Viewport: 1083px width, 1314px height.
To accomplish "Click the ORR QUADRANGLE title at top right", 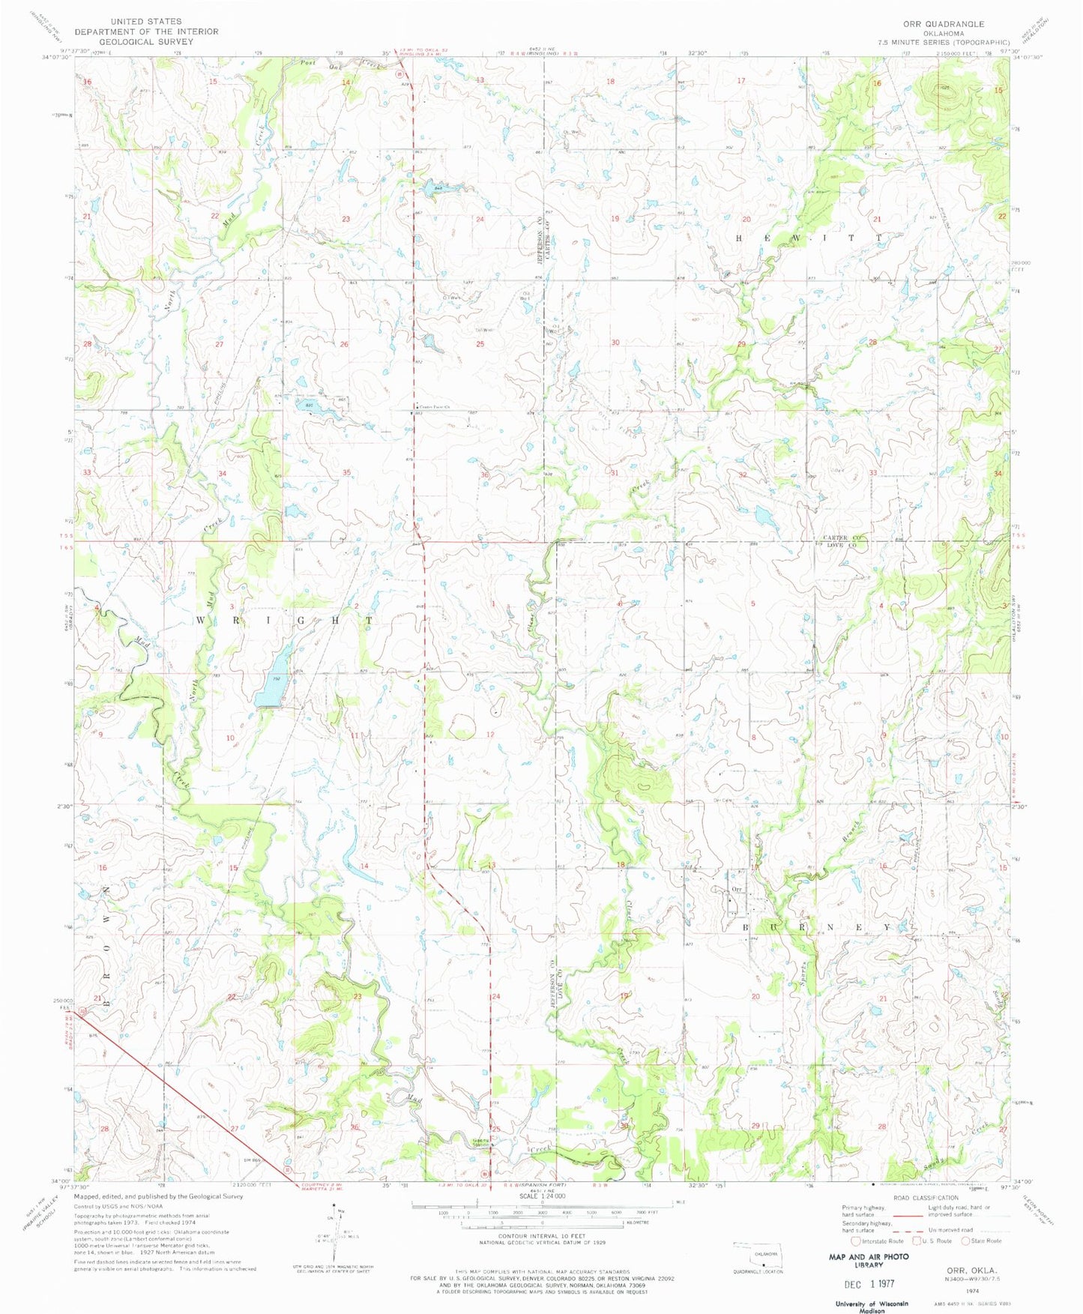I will click(x=944, y=24).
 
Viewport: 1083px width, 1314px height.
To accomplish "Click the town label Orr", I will click(x=736, y=889).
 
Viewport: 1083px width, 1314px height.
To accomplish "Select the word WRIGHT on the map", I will click(x=284, y=620).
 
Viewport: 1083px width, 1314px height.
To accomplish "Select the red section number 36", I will click(x=485, y=475).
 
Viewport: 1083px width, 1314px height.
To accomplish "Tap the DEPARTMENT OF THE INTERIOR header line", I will click(x=146, y=31).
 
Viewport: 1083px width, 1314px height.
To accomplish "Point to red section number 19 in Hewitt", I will click(x=615, y=219).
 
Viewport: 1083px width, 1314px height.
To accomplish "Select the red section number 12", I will click(x=490, y=734).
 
